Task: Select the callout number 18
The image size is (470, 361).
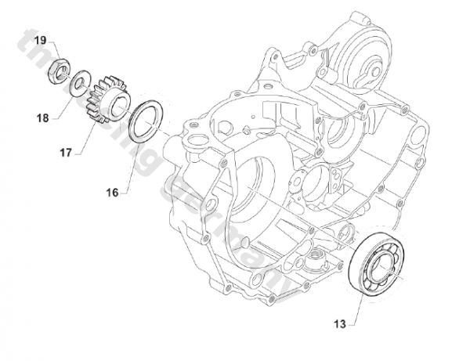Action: [x=42, y=118]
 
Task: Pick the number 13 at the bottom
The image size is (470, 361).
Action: [x=338, y=323]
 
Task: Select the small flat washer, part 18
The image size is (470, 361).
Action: [x=79, y=82]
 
